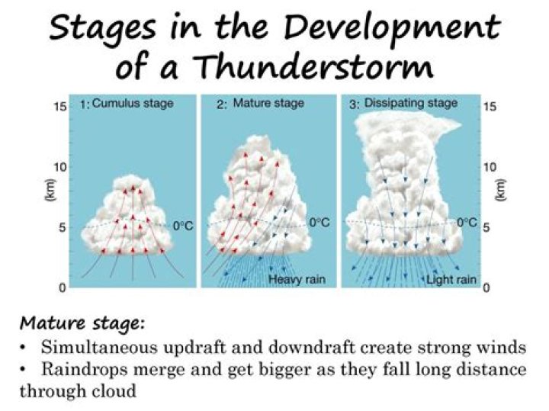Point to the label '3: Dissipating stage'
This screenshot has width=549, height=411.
click(x=403, y=103)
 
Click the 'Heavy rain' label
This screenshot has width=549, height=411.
click(x=297, y=280)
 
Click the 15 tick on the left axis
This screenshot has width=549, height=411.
click(x=60, y=107)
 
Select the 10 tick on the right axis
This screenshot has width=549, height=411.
click(x=490, y=167)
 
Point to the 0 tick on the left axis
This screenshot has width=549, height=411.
click(x=63, y=287)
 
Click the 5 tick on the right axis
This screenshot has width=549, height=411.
click(x=487, y=226)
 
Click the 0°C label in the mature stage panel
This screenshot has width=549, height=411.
click(x=320, y=223)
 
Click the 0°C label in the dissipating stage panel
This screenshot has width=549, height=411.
click(x=467, y=223)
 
